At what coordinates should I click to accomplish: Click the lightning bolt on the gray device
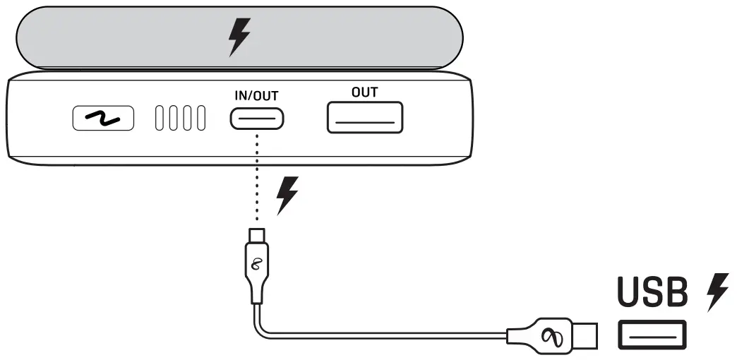pyautogui.click(x=239, y=37)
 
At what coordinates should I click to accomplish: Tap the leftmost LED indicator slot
pyautogui.click(x=159, y=119)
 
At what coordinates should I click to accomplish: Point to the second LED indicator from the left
pyautogui.click(x=173, y=119)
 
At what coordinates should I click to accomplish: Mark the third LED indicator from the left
pyautogui.click(x=187, y=119)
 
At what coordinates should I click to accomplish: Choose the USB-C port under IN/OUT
pyautogui.click(x=257, y=119)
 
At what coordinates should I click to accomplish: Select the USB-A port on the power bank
pyautogui.click(x=364, y=117)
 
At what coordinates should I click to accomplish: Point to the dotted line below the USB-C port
pyautogui.click(x=257, y=176)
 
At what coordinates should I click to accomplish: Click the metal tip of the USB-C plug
pyautogui.click(x=257, y=235)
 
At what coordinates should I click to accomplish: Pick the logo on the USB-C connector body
pyautogui.click(x=257, y=265)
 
